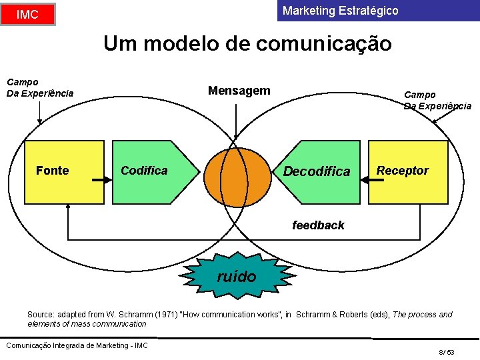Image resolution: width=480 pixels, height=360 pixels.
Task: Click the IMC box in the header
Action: (x=27, y=14)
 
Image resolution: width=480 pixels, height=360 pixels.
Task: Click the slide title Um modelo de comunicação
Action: (x=247, y=44)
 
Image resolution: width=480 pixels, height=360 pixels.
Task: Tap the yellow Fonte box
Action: (x=65, y=171)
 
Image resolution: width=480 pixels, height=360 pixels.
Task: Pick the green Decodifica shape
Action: (x=317, y=171)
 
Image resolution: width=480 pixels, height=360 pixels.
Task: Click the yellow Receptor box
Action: (x=408, y=171)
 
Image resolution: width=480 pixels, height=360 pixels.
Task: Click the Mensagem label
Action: (x=239, y=91)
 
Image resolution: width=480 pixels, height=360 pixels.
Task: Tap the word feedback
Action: (x=318, y=225)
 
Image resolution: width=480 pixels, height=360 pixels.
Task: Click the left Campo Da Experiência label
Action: (x=39, y=87)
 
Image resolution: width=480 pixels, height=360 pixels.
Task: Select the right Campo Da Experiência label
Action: (x=437, y=100)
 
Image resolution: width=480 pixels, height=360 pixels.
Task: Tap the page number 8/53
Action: (x=446, y=352)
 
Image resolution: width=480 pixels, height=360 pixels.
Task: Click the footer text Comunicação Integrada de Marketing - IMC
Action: (x=77, y=345)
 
